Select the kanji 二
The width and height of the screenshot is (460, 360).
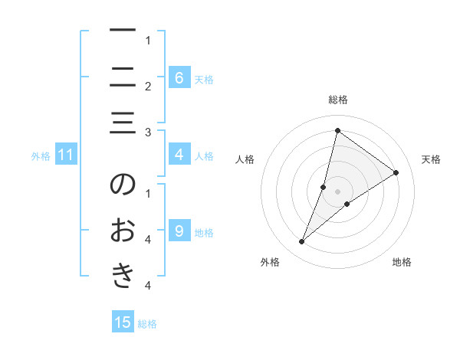point(123,77)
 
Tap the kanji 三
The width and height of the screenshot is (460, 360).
point(123,123)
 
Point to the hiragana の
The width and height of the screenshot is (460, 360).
point(123,185)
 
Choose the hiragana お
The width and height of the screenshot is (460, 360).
point(123,230)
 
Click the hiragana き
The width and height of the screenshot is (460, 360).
point(123,277)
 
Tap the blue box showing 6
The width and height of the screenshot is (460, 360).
point(179,77)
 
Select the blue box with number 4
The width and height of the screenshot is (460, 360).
point(179,155)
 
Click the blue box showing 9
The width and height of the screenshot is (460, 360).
point(179,231)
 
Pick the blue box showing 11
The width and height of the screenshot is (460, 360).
point(66,155)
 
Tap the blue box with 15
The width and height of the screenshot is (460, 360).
point(123,322)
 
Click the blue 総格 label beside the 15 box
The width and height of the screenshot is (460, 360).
point(147,324)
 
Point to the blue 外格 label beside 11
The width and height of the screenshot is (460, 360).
point(41,156)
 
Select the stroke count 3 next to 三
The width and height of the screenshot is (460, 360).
point(147,133)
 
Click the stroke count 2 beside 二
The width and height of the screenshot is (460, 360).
point(147,86)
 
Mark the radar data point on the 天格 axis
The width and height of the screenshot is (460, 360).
point(396,172)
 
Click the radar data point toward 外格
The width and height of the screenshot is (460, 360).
point(302,242)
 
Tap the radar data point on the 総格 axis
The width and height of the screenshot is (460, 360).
point(337,130)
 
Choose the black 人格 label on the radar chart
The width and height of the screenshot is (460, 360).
point(245,159)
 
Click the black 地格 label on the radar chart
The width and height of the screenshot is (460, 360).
point(402,262)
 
